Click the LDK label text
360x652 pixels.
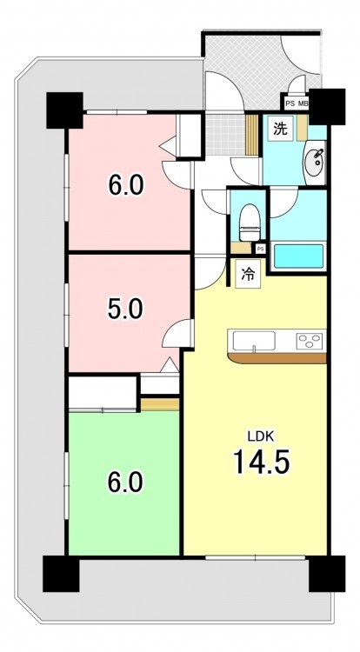[x=260, y=436]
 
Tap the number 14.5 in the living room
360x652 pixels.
[x=261, y=462]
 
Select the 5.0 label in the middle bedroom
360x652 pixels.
[x=125, y=309]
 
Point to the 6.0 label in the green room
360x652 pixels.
[x=125, y=482]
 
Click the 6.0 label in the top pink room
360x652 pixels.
[x=126, y=184]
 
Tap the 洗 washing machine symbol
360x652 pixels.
[x=280, y=129]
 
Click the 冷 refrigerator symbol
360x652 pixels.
[x=248, y=274]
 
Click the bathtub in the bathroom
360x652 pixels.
[x=298, y=256]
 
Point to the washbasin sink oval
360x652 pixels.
[x=316, y=159]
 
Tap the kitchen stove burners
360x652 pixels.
[x=310, y=341]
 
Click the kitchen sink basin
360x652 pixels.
[x=254, y=341]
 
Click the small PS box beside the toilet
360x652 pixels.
[x=260, y=249]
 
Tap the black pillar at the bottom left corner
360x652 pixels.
[x=61, y=574]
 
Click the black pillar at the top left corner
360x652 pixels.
[x=64, y=110]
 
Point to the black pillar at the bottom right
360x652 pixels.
[x=327, y=574]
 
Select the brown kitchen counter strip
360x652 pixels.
[x=277, y=358]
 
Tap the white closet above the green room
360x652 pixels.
[x=103, y=392]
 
